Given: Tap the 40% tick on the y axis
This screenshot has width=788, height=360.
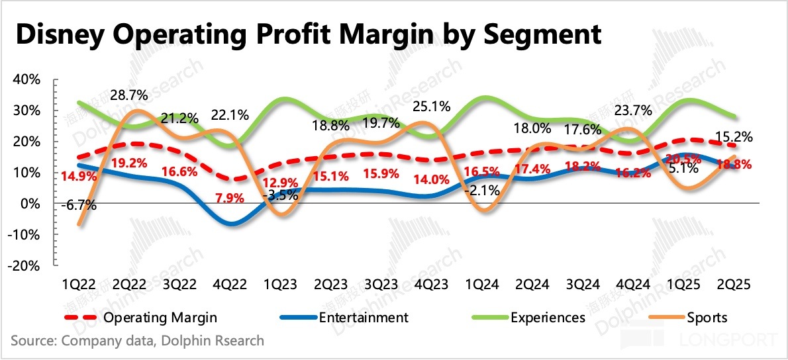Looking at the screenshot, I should point(26,79).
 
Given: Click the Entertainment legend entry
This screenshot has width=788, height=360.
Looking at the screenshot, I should point(363,317).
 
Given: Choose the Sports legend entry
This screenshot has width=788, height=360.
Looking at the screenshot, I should point(707,317).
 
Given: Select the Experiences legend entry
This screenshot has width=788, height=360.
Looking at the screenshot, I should point(548,317).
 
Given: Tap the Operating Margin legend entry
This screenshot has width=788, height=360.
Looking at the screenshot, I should point(160,317).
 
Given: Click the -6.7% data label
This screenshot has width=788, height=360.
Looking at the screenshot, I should point(79,205).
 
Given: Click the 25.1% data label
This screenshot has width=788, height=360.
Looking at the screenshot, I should point(432,106).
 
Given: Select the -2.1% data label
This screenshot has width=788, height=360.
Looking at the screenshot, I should point(487,192).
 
